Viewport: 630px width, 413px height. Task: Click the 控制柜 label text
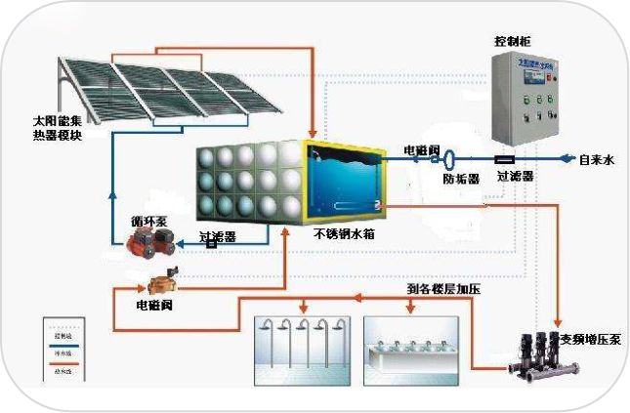pyautogui.click(x=513, y=42)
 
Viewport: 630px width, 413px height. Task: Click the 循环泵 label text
pyautogui.click(x=148, y=222)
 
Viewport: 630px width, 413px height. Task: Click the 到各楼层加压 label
pyautogui.click(x=443, y=289)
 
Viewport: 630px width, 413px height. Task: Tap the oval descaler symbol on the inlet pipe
pyautogui.click(x=450, y=157)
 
